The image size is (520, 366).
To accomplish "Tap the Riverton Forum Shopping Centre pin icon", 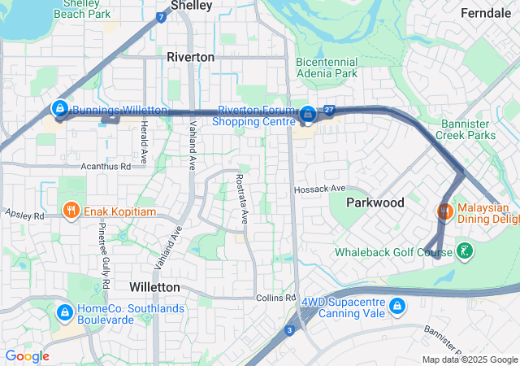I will tap(308, 115).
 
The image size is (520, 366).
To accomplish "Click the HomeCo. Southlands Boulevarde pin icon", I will tap(64, 312).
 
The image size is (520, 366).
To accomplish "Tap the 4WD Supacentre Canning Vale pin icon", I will tap(396, 306).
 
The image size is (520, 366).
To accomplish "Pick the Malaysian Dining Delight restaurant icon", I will tap(444, 211).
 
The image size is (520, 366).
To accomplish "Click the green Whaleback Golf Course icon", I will tap(464, 251).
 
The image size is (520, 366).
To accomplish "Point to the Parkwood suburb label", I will tap(375, 203).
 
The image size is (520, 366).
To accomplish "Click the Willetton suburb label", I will tap(154, 287).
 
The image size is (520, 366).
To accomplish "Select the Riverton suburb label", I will tap(190, 57).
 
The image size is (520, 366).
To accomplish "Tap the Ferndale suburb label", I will tap(486, 13).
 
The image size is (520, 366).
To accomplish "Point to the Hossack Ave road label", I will tap(320, 189).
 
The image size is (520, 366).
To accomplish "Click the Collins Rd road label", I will tap(272, 298).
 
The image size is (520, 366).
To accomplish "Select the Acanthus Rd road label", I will tap(106, 166).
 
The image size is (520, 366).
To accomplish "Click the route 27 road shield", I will tap(329, 110).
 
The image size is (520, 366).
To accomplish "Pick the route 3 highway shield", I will tap(289, 329).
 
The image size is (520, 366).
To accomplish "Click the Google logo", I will tap(27, 356).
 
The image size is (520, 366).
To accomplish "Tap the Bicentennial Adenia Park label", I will tap(327, 68).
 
